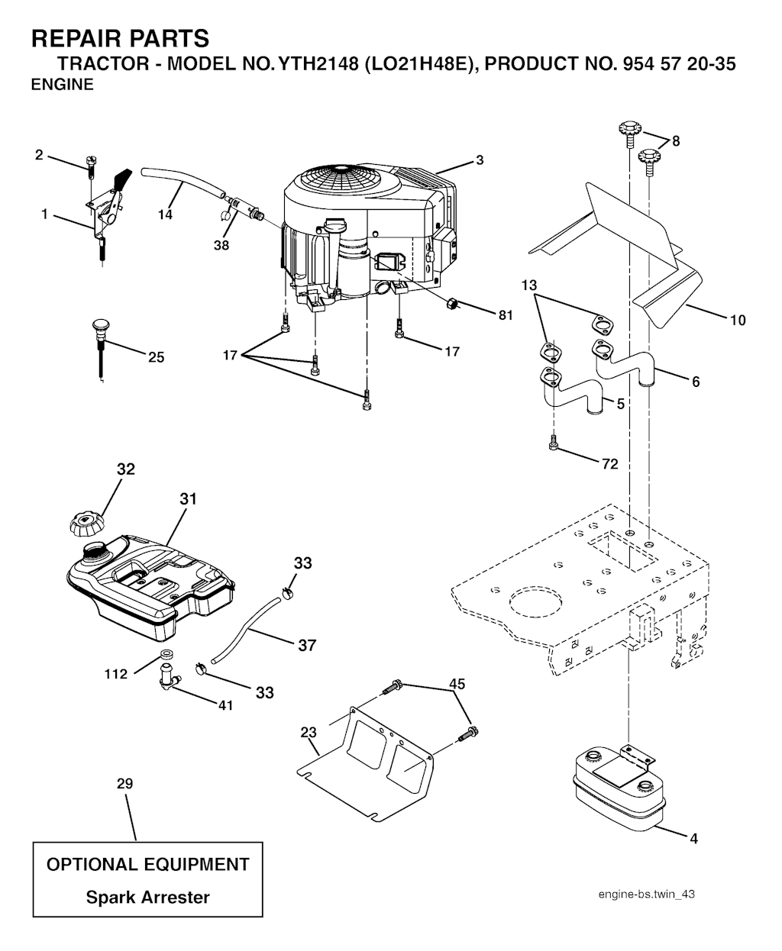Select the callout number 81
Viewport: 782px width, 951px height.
click(506, 315)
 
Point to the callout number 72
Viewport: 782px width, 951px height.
click(609, 463)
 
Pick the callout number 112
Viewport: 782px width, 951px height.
click(116, 674)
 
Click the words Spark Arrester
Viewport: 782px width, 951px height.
click(148, 898)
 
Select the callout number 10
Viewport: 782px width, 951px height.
click(738, 321)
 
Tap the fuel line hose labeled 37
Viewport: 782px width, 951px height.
click(247, 629)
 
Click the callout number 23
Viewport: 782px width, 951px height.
click(309, 732)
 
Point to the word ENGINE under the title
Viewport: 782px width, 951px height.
click(63, 84)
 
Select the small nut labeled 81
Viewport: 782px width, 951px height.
click(451, 304)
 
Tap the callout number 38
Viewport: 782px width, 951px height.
click(221, 245)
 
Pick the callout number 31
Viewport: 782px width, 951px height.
click(189, 498)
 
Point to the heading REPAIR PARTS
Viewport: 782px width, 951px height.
click(120, 38)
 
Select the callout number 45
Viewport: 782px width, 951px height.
click(457, 684)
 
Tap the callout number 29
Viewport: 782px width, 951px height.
click(125, 784)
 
